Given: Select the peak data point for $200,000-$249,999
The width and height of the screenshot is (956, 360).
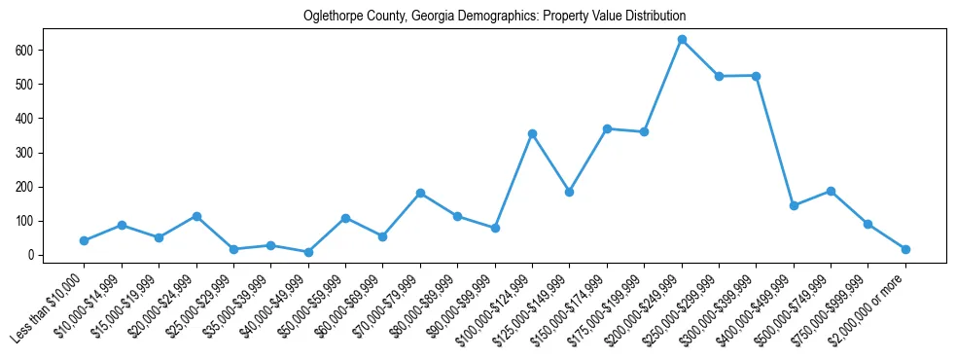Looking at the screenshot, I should click(x=682, y=40).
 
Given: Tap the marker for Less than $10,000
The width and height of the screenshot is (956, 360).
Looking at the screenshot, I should click(x=85, y=240).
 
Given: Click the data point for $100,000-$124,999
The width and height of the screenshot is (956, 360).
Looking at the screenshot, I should click(x=532, y=133).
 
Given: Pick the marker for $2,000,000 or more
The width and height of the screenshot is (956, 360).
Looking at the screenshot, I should click(x=905, y=249).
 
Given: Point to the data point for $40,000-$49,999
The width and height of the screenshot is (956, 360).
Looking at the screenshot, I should click(x=308, y=252).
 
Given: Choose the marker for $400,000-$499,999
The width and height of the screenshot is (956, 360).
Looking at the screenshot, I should click(x=794, y=205).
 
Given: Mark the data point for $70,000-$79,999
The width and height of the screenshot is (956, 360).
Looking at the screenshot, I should click(x=420, y=193).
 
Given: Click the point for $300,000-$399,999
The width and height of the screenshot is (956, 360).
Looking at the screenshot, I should click(x=756, y=76).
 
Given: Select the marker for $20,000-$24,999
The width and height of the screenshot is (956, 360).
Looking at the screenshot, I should click(x=196, y=216).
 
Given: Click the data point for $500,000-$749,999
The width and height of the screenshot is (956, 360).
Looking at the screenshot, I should click(x=831, y=191).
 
